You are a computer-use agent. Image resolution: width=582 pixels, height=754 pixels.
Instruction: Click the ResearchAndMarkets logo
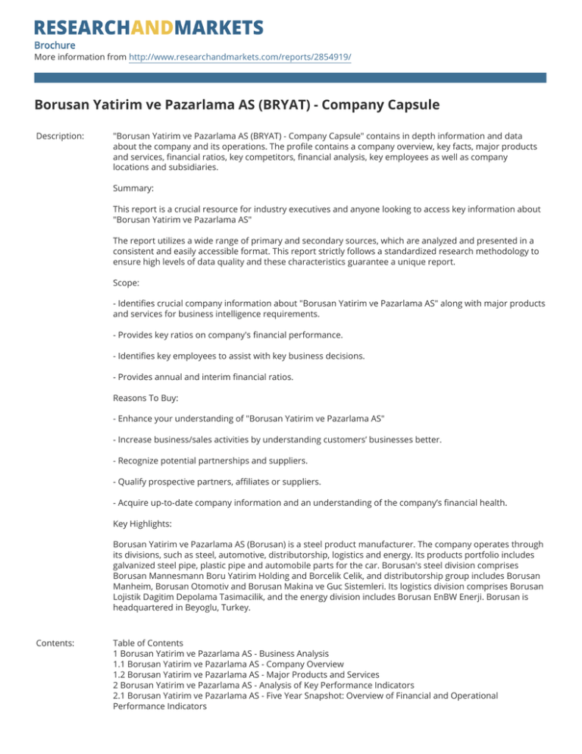[149, 29]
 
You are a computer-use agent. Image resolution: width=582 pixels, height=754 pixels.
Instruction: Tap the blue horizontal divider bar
[290, 77]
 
